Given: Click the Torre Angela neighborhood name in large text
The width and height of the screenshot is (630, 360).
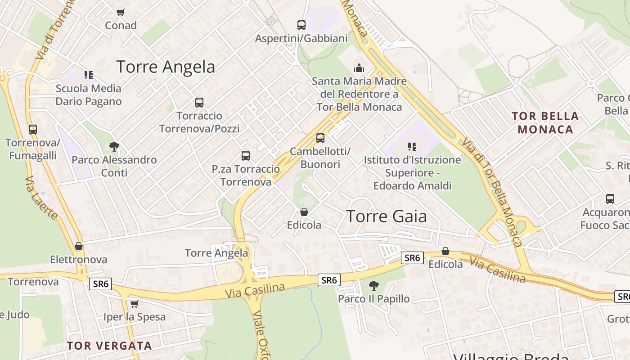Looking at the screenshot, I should point(166,67).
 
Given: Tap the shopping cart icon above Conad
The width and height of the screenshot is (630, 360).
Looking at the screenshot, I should point(120,12).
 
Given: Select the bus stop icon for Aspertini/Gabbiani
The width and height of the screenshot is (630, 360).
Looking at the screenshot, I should point(301,25).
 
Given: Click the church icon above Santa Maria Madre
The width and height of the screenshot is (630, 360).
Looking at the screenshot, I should point(359,68).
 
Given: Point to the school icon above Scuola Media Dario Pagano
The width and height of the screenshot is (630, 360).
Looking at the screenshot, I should point(89,75).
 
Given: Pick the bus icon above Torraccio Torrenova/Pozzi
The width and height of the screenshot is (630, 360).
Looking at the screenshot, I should point(199,103).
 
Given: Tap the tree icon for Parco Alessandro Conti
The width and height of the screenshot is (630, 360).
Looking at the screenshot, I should point(114,146).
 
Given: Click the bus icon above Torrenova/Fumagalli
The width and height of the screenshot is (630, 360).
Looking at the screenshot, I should point(33,130).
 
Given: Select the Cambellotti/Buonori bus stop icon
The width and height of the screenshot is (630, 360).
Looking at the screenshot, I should point(320,138).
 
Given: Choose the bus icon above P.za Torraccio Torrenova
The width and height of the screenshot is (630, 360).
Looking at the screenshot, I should point(246,156).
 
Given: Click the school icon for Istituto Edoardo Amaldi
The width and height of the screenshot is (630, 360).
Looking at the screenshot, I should point(412,146).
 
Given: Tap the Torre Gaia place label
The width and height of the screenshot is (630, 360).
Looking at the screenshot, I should point(386,216).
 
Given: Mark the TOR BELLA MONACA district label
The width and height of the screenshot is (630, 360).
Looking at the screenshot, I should point(545,123).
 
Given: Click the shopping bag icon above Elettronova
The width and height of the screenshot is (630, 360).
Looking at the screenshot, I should point(79,246).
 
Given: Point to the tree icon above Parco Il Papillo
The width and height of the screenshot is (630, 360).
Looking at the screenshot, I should point(373,285).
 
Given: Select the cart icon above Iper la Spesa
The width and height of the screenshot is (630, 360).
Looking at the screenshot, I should point(134,304).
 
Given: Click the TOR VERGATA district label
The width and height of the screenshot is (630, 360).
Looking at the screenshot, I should point(109,346).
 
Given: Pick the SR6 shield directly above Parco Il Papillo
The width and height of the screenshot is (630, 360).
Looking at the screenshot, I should point(329,280).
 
